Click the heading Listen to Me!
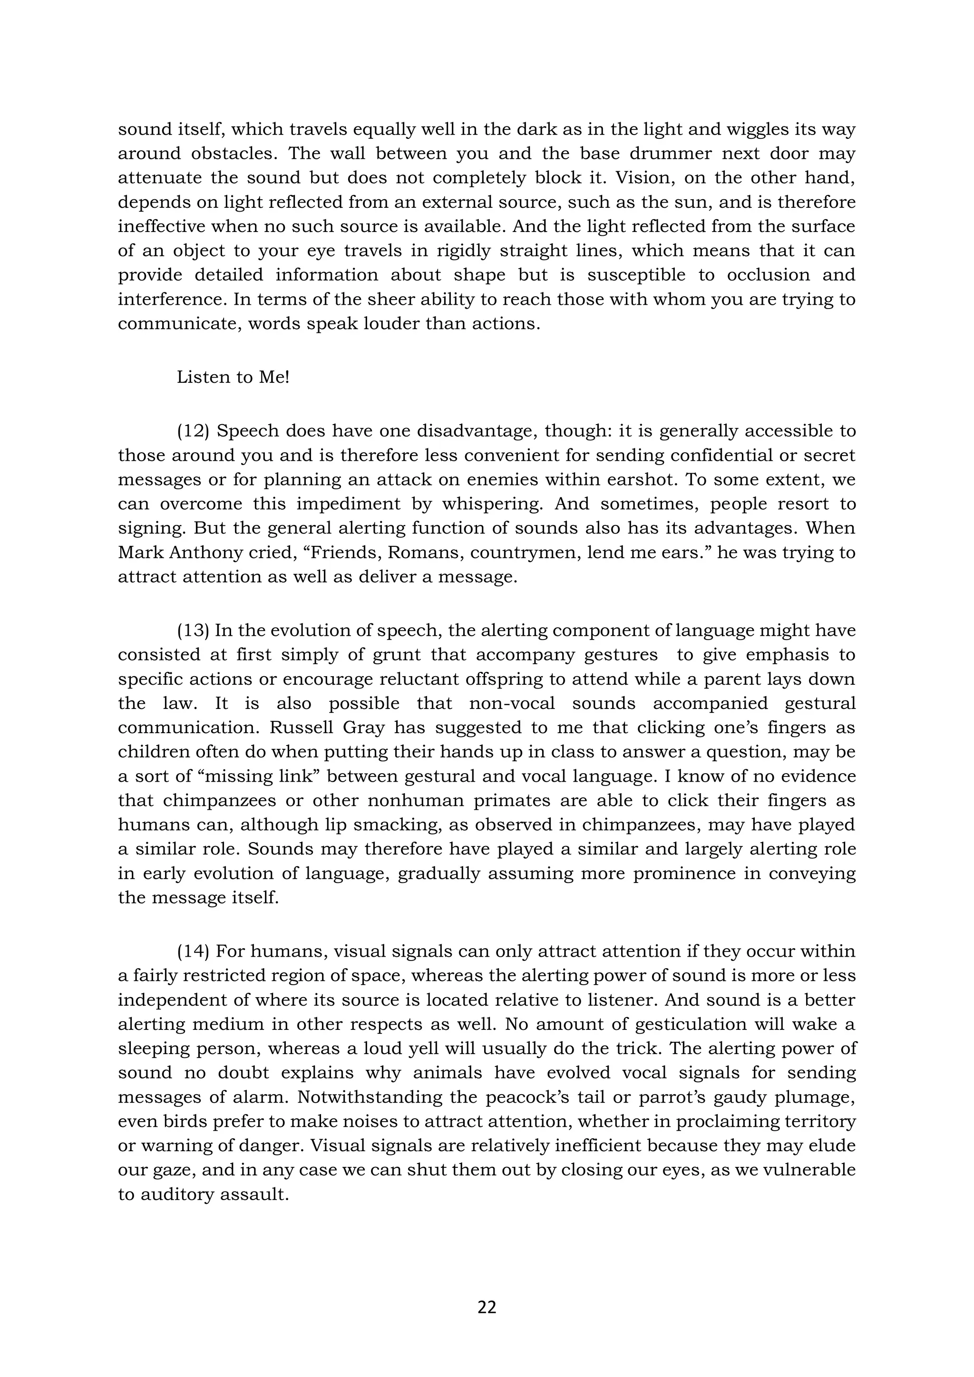[x=233, y=377]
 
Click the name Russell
[x=297, y=728]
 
